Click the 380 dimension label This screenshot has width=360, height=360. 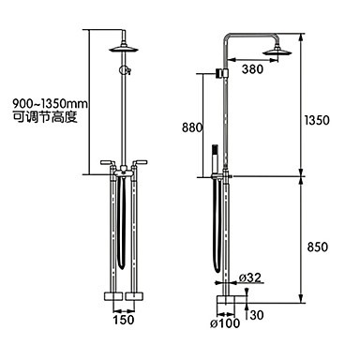click(x=252, y=69)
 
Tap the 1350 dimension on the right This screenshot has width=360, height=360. click(x=317, y=120)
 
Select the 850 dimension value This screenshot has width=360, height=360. click(x=318, y=247)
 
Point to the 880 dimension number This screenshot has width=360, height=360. click(x=192, y=127)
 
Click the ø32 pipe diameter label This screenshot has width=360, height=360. click(x=249, y=277)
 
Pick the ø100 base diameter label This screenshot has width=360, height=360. click(x=225, y=323)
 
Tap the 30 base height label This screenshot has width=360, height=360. click(x=257, y=315)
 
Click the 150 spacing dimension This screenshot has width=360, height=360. click(x=124, y=320)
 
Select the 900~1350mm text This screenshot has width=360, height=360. click(x=50, y=103)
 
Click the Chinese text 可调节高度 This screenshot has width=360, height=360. click(x=45, y=117)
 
